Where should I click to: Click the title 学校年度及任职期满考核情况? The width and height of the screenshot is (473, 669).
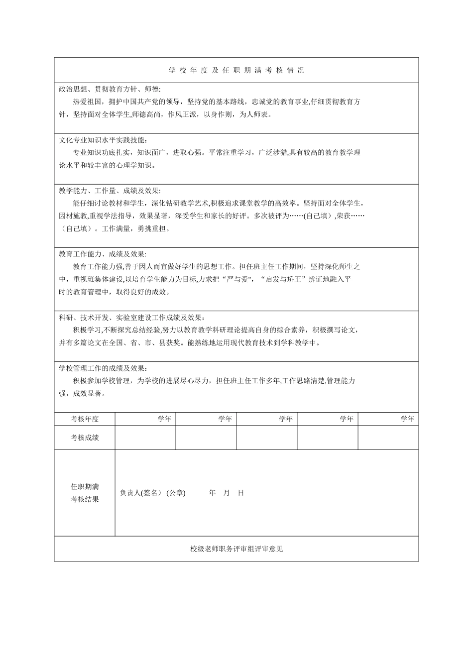236,71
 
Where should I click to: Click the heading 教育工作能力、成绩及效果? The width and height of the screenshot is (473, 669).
103,254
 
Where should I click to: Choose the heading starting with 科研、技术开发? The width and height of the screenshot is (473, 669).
131,318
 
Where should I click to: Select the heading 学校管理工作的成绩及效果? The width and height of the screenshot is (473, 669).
103,368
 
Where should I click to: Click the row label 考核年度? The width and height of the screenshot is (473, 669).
85,419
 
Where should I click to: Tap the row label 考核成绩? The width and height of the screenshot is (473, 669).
85,438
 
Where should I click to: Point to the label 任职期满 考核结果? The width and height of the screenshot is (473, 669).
85,493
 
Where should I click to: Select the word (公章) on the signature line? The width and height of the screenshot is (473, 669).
176,493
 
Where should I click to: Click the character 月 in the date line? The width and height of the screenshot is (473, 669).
227,493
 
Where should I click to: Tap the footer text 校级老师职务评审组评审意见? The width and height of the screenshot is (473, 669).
236,549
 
